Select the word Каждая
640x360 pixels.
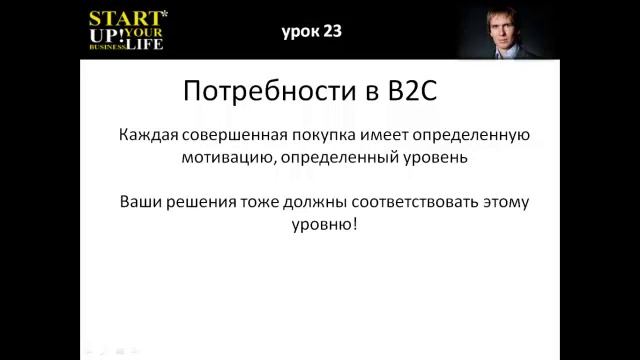tap(146, 135)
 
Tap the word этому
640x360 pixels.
tap(500, 201)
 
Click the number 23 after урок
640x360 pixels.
tap(332, 31)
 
